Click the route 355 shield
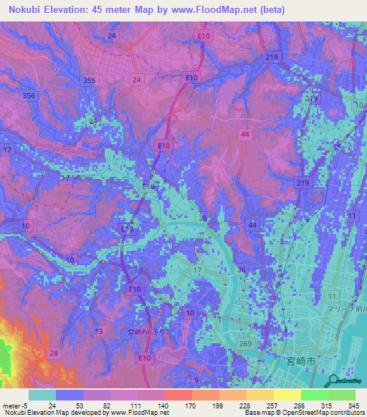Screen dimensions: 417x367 click(88, 81)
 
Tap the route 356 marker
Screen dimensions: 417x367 click(29, 95)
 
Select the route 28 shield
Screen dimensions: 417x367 click(54, 353)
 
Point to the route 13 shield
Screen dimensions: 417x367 click(99, 330)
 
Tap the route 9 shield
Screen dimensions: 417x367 click(196, 380)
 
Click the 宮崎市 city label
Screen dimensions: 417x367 click(300, 363)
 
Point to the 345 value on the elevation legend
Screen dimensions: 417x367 click(353, 406)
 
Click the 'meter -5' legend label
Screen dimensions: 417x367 click(15, 406)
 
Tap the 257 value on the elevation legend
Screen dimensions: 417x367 click(270, 406)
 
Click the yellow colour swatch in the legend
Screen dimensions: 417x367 click(286, 395)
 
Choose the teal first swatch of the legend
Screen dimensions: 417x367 click(42, 395)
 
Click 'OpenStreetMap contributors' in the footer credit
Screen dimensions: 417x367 click(320, 413)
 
